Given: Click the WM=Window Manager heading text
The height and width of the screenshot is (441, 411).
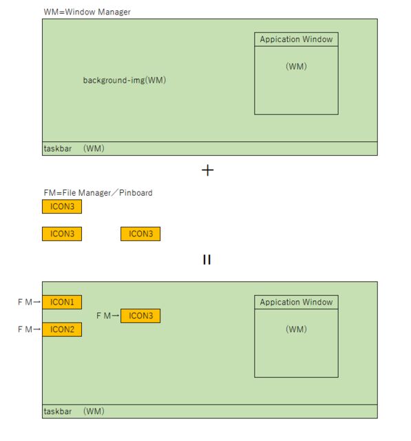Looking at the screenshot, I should point(86,12).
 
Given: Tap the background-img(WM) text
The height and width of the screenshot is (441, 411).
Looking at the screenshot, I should point(125,81).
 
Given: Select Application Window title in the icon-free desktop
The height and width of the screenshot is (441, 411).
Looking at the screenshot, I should point(296,39).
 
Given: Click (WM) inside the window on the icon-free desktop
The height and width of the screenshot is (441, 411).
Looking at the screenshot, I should point(296,67).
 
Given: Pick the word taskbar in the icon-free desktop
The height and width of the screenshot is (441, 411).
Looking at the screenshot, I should point(58,149).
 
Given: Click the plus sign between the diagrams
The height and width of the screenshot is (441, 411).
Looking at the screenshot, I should point(207,170).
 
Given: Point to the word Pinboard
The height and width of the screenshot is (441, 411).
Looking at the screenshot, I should point(135,193).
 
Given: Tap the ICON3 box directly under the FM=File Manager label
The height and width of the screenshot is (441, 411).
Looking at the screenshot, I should point(62,206).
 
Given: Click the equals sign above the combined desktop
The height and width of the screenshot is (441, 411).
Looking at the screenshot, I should point(207,260).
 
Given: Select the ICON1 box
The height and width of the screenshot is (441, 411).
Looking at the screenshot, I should point(62,302).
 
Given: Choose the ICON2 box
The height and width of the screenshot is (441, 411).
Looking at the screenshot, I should point(62,329).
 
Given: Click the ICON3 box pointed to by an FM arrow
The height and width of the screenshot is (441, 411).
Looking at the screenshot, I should point(140,316).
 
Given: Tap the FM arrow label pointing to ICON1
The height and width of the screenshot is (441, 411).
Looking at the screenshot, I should point(29,302).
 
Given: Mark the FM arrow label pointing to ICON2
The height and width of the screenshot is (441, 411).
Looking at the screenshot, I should point(29,329).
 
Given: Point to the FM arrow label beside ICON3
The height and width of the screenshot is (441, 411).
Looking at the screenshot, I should point(108,316).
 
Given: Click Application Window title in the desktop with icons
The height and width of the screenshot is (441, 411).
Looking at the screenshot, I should point(296,302).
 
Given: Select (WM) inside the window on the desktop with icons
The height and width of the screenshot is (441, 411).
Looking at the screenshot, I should point(296,329).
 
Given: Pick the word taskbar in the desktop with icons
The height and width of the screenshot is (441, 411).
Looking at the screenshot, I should point(58,411).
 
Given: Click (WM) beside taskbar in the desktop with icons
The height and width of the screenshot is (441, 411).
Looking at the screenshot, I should point(94,411).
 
